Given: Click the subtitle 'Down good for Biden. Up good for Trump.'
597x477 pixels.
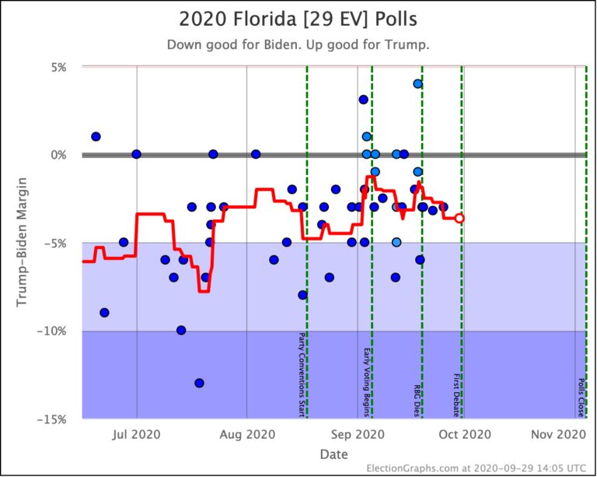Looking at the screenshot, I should tap(298, 44).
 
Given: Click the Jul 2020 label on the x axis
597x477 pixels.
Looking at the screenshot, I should tap(137, 433).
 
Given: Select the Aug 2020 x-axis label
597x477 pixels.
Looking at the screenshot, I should tap(246, 433).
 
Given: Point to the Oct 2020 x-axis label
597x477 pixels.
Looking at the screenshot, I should tap(463, 433).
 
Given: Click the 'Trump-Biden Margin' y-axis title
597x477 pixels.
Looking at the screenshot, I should tap(23, 243).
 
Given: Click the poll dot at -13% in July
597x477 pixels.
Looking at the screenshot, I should tap(199, 383).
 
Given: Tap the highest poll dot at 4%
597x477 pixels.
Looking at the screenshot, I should tap(417, 84).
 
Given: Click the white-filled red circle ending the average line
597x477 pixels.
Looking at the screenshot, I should tap(459, 219).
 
